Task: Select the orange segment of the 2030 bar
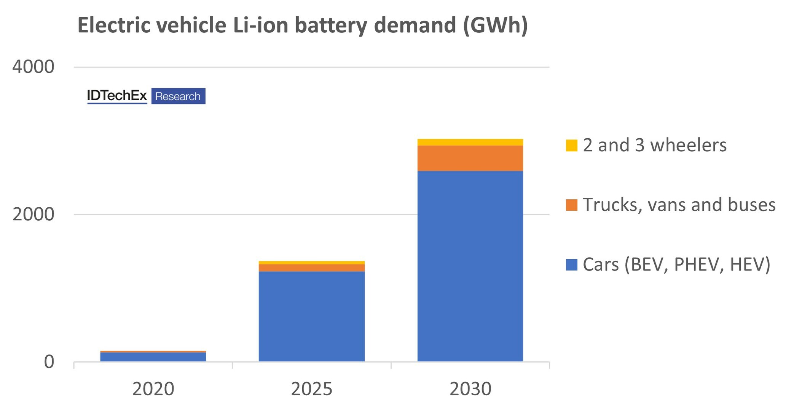[470, 158]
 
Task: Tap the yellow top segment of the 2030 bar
[470, 142]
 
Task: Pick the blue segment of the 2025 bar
[311, 316]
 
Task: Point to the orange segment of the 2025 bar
[311, 268]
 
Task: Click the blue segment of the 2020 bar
[153, 357]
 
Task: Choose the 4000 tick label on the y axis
[33, 67]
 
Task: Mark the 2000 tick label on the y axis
[33, 215]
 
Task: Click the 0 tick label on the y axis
[49, 362]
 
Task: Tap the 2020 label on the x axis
[153, 389]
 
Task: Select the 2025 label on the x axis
[311, 389]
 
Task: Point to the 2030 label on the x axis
[470, 389]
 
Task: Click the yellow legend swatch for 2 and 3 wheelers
[571, 145]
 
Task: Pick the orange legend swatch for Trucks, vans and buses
[571, 205]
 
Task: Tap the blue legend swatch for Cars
[571, 265]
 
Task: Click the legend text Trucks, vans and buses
[679, 205]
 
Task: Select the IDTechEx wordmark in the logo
[117, 96]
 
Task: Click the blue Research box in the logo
[178, 96]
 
